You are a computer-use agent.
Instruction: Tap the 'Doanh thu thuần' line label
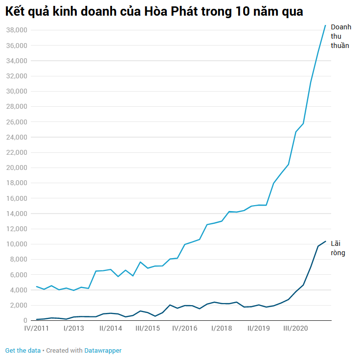341,36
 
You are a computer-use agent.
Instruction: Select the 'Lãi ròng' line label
338,248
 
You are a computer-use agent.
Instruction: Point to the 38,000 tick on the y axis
16,30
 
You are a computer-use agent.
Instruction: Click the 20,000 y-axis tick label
16,168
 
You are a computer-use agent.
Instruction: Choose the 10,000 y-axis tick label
16,244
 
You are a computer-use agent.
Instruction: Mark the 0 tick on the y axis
24,320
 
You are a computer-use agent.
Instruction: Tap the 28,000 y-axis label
16,107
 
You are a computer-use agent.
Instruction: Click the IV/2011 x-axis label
37,329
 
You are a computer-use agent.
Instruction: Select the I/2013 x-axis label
74,329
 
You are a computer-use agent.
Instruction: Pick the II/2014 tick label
111,329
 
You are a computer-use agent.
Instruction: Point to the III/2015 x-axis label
147,329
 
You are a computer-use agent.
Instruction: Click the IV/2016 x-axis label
184,329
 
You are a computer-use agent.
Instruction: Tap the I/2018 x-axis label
222,329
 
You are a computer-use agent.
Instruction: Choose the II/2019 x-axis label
258,329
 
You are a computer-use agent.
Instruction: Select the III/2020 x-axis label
295,329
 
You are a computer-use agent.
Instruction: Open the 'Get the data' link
22,351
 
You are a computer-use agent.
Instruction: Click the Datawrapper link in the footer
103,351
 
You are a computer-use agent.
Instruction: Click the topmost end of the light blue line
325,25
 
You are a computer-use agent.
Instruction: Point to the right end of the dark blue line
325,241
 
